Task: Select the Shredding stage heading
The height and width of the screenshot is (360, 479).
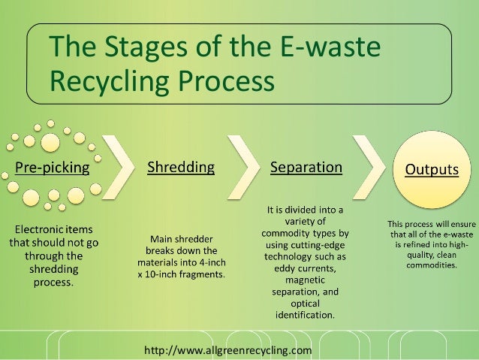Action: click(180, 167)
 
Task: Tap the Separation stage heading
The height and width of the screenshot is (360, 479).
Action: click(306, 167)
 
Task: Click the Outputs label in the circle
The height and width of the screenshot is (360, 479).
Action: click(432, 170)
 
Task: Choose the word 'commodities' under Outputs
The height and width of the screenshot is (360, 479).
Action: click(431, 264)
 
